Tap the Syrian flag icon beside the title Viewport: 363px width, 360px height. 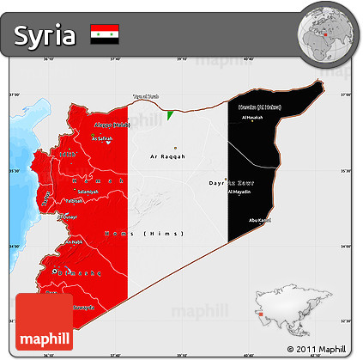pos(105,35)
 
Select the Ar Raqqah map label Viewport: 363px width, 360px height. pos(167,157)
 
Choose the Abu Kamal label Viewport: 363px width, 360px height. pos(259,221)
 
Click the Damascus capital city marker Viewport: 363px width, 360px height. pos(57,272)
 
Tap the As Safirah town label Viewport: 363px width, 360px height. pos(102,138)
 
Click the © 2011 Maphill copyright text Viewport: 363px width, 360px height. pos(313,349)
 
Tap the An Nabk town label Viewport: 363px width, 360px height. pos(76,242)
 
